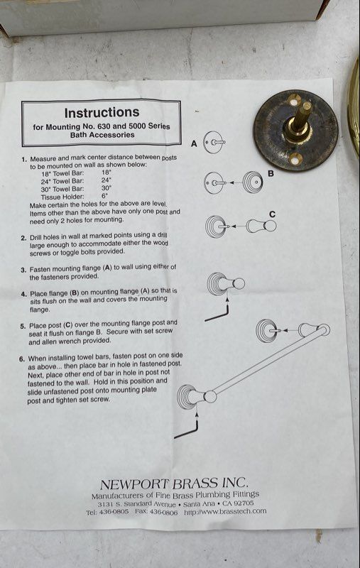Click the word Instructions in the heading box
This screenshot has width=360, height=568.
[102, 113]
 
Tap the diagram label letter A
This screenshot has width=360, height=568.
[194, 144]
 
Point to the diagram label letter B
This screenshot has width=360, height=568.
[271, 173]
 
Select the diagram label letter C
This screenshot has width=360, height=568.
[273, 214]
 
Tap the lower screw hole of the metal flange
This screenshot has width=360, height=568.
[296, 158]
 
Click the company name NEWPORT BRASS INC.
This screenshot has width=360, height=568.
[174, 484]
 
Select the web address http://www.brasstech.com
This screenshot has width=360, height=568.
[225, 512]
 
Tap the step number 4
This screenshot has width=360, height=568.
[23, 294]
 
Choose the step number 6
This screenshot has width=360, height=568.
[22, 359]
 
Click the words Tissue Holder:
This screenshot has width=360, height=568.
[62, 197]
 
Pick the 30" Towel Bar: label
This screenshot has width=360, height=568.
[62, 189]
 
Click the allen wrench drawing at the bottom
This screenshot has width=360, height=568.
[186, 430]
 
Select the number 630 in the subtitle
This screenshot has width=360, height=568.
[104, 126]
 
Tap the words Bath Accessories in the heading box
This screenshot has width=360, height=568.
[102, 135]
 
